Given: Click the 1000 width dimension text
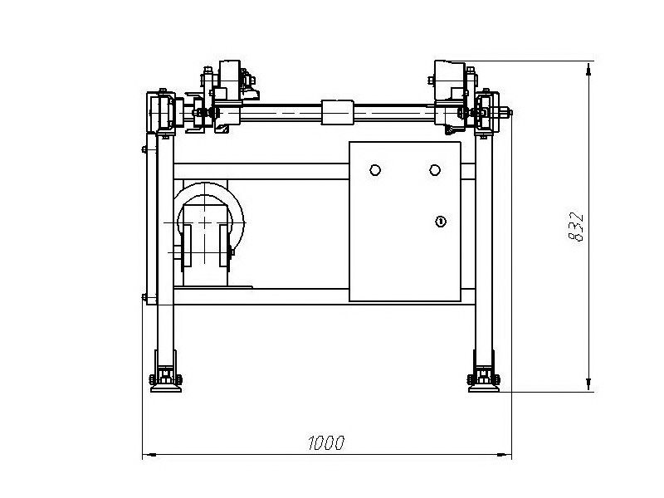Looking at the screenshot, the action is click(x=325, y=442).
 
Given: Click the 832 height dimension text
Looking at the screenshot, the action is click(x=576, y=227).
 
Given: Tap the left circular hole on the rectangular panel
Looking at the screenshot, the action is click(x=375, y=170).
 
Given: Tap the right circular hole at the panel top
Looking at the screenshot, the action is click(x=435, y=170).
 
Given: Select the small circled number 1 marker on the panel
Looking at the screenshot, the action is click(x=441, y=221).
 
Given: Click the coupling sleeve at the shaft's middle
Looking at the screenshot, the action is click(x=338, y=112).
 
